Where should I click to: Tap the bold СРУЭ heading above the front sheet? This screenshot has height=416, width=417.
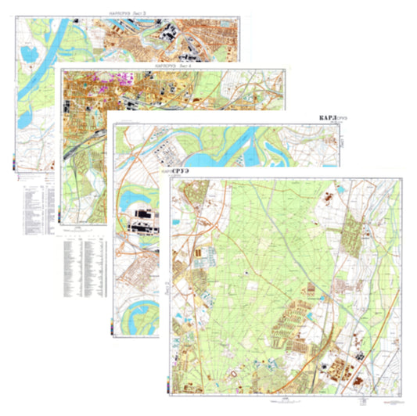pos(185,170)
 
